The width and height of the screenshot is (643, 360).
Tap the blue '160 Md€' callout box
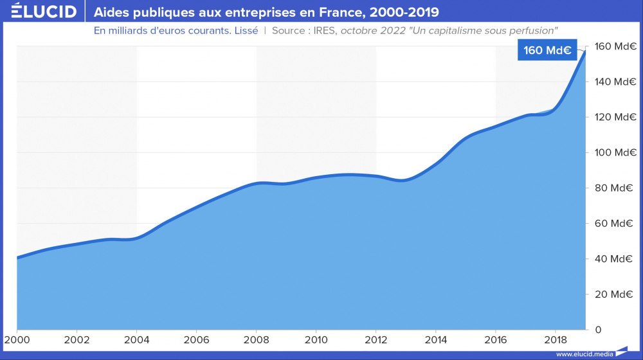(546, 51)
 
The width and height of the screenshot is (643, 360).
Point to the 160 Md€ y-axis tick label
(616, 46)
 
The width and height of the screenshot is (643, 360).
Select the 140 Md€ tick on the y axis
(616, 82)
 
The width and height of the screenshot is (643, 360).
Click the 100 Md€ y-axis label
(616, 152)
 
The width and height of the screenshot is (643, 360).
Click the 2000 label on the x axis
(17, 339)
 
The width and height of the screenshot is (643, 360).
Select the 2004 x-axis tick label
(136, 339)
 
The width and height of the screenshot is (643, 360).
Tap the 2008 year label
(256, 339)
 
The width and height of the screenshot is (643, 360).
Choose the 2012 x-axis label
(376, 339)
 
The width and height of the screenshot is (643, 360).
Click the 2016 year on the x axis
(495, 339)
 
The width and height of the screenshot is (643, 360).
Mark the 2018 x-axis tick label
(555, 339)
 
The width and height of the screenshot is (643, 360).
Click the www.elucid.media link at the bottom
(584, 354)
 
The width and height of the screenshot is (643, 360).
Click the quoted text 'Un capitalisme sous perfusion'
(489, 31)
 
